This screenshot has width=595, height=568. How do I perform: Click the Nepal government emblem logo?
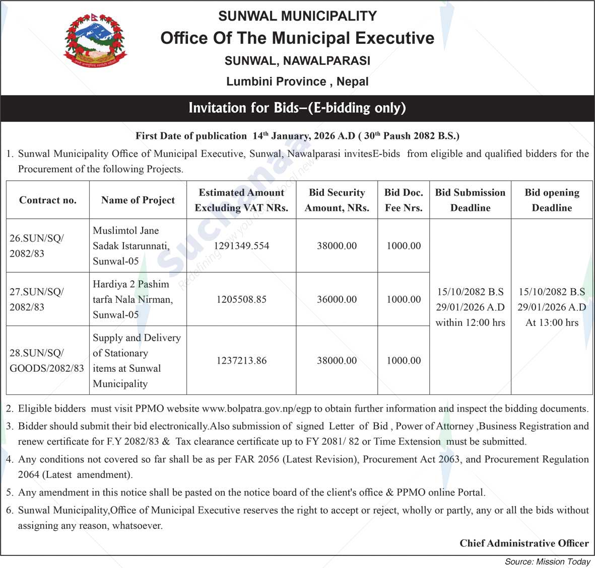[95, 41]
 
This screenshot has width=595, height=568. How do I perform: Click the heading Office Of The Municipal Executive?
[297, 38]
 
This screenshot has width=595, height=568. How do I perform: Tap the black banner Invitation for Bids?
[297, 108]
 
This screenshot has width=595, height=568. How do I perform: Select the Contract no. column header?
[48, 200]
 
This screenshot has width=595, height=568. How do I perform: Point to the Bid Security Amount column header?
[337, 200]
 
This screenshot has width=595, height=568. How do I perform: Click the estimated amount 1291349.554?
[241, 246]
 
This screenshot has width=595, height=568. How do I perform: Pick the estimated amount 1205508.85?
[241, 299]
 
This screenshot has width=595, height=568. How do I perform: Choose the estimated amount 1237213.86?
[241, 361]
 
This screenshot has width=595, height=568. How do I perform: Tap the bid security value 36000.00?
[337, 299]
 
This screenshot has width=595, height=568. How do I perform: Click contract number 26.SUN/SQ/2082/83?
[37, 246]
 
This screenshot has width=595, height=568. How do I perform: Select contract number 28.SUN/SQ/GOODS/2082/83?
[47, 361]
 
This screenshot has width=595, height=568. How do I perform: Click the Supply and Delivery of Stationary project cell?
[137, 361]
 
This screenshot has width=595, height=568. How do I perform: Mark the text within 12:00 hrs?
[470, 322]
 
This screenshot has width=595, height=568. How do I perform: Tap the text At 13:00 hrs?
[552, 322]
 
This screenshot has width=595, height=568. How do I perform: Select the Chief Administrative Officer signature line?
[524, 543]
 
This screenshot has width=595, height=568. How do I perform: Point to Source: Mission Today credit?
[548, 562]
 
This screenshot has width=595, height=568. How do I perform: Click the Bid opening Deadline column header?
[552, 200]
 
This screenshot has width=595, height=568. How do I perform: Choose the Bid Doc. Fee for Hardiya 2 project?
[404, 299]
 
